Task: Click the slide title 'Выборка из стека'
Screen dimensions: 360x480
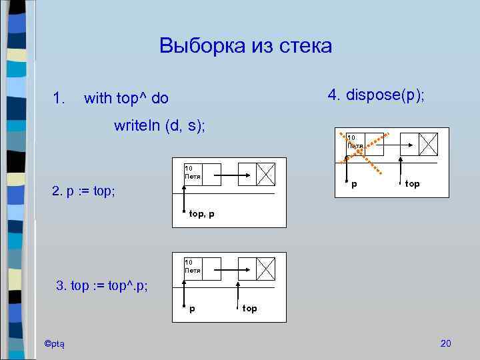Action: tap(245, 46)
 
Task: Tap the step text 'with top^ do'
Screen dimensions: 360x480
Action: tap(127, 99)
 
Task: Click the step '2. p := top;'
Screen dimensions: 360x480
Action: tap(83, 191)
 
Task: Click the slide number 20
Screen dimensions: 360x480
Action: tap(446, 343)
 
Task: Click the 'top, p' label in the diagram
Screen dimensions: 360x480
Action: tap(201, 214)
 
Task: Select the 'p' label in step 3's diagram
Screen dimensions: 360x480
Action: tap(193, 309)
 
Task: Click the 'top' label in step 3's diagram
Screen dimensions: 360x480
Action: tap(249, 309)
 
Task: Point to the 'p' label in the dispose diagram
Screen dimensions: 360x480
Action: tap(353, 183)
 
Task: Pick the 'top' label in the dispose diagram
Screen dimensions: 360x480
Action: tap(412, 183)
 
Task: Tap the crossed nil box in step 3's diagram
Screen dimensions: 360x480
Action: tap(266, 269)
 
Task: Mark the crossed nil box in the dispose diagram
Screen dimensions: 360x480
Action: tap(429, 143)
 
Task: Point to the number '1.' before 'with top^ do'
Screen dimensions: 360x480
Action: tap(59, 99)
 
